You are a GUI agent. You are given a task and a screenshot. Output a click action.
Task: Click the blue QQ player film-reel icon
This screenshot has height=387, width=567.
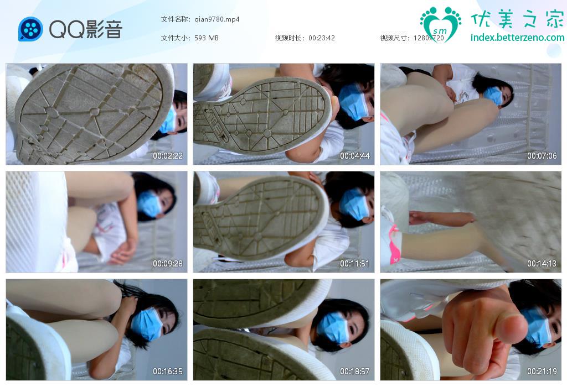(31, 29)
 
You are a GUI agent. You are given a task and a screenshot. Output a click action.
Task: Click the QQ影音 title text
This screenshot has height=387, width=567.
(86, 29)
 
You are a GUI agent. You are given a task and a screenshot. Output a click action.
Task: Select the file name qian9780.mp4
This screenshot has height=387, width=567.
(217, 19)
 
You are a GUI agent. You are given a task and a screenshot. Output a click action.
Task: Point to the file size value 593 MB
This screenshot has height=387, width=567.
(207, 38)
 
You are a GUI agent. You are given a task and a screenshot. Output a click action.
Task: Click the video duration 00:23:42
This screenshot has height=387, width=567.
(322, 38)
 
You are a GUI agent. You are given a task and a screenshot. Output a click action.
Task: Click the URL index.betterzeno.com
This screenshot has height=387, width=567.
(518, 37)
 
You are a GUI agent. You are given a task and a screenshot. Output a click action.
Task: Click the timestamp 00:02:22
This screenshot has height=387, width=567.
(167, 155)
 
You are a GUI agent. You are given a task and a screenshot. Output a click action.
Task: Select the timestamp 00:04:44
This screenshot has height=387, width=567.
(355, 155)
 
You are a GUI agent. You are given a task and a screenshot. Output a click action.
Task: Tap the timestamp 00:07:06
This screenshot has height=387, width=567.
(542, 155)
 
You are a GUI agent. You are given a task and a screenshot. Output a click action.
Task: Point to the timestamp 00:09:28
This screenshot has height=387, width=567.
(167, 264)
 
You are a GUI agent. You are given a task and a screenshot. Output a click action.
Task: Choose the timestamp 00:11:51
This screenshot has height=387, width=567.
(355, 264)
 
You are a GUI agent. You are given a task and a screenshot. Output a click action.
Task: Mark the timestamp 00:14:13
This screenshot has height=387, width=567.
(542, 264)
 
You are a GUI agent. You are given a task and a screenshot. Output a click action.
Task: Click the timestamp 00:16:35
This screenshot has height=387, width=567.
(167, 371)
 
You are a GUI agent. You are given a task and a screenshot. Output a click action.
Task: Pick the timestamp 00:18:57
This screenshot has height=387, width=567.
(355, 371)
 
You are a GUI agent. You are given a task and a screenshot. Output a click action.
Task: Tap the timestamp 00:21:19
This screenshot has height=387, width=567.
(542, 371)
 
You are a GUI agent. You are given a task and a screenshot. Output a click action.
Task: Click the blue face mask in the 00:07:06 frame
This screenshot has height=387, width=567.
(493, 96)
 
